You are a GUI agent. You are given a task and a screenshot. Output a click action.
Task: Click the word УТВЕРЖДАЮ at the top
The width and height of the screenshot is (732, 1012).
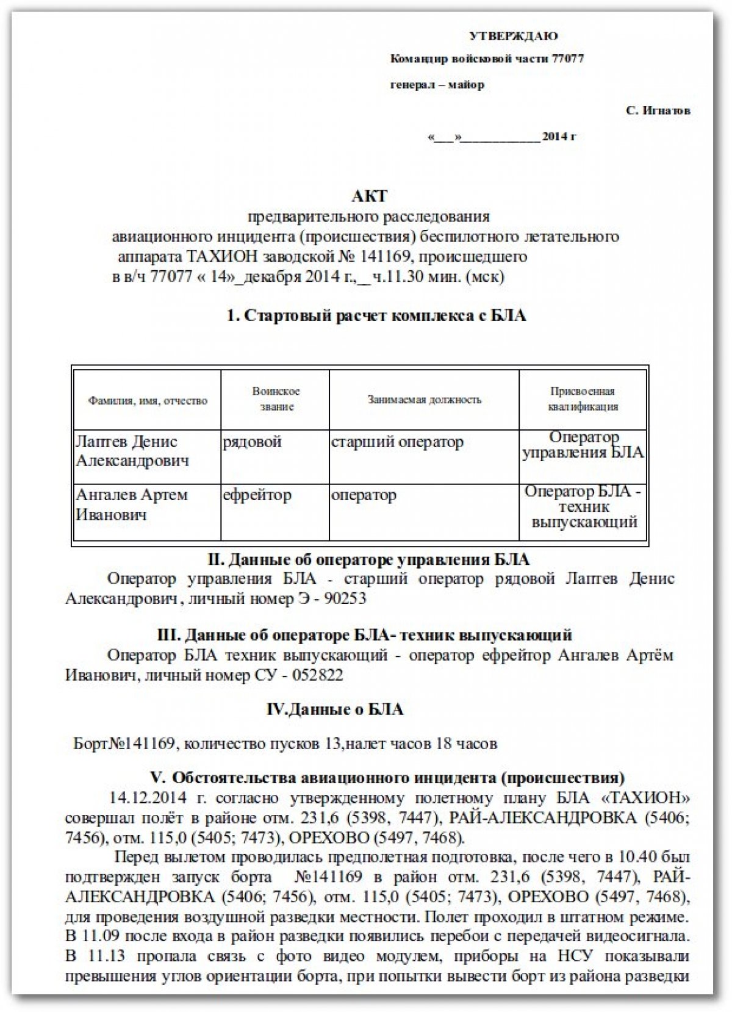click(x=513, y=36)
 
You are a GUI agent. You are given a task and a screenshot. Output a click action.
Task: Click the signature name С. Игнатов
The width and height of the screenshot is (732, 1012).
click(x=658, y=111)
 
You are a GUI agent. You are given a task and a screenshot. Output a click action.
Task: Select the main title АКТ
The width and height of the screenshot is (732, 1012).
click(x=369, y=196)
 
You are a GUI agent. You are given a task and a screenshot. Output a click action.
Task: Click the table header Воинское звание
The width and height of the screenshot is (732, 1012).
click(x=276, y=399)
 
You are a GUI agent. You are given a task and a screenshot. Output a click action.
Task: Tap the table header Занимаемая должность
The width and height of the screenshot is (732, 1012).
click(x=424, y=400)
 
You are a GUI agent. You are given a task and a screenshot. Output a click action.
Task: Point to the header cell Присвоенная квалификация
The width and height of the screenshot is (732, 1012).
click(x=583, y=399)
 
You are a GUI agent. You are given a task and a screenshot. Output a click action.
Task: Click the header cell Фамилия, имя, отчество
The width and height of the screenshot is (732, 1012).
click(x=148, y=401)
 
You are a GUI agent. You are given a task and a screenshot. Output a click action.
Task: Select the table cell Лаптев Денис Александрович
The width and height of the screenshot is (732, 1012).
click(x=132, y=451)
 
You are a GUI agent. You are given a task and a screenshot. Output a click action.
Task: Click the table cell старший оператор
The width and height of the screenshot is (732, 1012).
click(x=397, y=442)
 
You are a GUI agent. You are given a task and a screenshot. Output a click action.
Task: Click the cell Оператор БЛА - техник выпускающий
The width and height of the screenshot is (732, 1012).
click(x=583, y=507)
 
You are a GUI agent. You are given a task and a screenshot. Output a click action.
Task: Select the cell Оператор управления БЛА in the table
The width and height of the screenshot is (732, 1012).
click(x=583, y=445)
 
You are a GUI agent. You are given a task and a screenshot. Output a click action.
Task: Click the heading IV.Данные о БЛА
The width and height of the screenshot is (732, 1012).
click(x=335, y=709)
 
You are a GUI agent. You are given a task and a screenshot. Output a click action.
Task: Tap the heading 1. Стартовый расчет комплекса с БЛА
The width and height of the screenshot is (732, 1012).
click(x=376, y=315)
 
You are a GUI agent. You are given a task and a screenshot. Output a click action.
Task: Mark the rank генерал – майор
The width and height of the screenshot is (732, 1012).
click(x=437, y=85)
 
